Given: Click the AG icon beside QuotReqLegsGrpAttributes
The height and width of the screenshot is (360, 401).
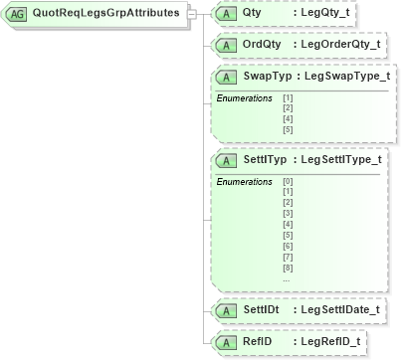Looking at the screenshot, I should (17, 14).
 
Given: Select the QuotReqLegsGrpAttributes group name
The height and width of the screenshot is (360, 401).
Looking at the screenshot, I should (104, 14).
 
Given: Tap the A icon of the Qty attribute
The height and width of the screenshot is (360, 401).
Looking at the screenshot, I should (226, 14).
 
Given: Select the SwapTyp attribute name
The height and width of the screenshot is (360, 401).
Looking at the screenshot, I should (269, 77).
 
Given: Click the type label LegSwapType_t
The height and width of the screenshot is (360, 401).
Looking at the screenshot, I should (346, 77).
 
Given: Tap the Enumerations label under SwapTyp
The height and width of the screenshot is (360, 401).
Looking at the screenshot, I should (245, 98).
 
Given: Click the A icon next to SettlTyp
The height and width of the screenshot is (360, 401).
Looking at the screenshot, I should (226, 159).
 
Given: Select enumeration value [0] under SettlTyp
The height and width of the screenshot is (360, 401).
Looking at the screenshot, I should (288, 181).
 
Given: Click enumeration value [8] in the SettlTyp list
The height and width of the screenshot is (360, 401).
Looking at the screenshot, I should (288, 269).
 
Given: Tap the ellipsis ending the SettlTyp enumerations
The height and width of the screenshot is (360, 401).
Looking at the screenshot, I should (288, 279).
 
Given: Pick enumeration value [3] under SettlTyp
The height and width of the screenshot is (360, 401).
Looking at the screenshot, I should (288, 214).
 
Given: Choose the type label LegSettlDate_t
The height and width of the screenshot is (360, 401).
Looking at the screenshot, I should (340, 310).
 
